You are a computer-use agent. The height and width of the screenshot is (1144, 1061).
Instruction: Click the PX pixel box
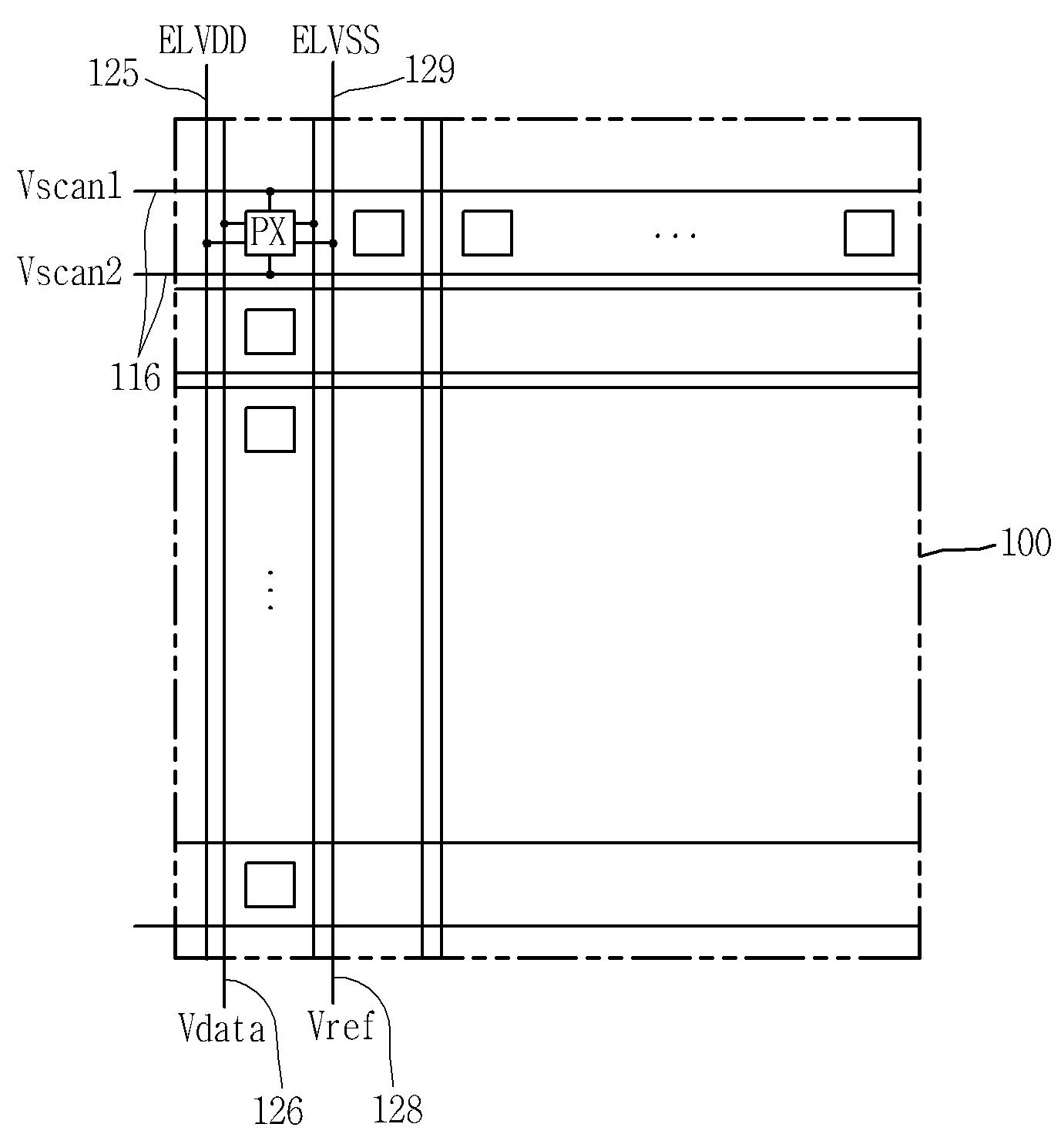(270, 233)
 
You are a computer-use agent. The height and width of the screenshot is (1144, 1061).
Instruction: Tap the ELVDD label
(202, 41)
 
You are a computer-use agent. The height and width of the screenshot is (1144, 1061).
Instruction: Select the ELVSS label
(336, 41)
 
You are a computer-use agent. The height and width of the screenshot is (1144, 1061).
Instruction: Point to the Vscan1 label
(70, 187)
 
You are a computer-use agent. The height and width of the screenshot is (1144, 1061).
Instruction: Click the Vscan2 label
(70, 272)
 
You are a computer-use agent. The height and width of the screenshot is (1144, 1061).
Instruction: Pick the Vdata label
(222, 1029)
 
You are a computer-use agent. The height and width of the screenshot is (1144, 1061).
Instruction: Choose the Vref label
(341, 1026)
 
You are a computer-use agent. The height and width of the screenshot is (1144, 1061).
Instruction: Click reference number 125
(113, 75)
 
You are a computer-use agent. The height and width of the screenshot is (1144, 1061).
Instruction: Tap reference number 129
(429, 71)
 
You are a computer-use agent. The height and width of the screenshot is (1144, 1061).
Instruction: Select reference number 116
(135, 378)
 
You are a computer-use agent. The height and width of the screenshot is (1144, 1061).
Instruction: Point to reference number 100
(1026, 544)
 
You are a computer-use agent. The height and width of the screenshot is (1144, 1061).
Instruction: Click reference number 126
(278, 1111)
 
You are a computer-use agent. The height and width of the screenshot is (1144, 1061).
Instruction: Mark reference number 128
(398, 1110)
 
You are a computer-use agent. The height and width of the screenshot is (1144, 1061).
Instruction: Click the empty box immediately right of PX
(378, 233)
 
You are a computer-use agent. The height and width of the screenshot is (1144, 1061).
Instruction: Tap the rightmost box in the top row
(868, 233)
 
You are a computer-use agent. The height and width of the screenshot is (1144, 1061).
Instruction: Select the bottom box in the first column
(270, 884)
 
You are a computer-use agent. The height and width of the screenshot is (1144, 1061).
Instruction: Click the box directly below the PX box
(270, 331)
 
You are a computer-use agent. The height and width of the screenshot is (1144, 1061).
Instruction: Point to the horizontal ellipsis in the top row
(675, 234)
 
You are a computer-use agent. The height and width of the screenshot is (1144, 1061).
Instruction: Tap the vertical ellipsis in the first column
(270, 590)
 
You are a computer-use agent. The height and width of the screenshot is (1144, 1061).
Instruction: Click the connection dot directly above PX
(270, 190)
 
